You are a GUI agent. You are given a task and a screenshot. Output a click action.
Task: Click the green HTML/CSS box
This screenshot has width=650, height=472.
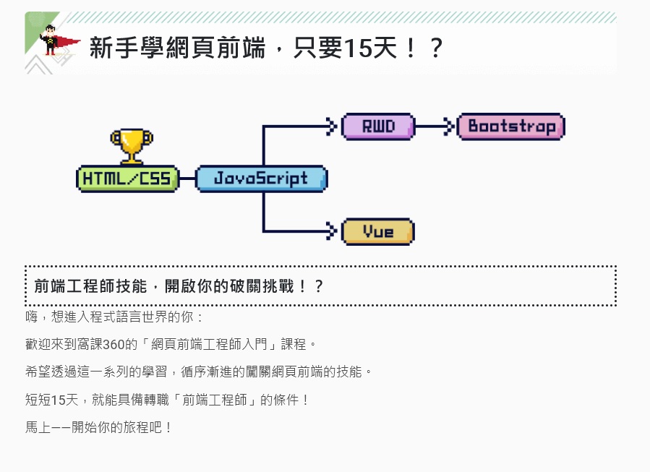[127, 179]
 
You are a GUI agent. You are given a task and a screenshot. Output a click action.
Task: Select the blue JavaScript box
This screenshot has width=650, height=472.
[261, 179]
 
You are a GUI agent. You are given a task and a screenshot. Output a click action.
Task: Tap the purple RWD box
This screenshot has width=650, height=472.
[377, 126]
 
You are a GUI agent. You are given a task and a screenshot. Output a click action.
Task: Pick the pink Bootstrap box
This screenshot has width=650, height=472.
[511, 126]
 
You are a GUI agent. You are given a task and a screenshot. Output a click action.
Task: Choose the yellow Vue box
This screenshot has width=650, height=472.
[377, 231]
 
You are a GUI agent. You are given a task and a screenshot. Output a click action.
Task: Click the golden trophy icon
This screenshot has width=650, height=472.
[131, 145]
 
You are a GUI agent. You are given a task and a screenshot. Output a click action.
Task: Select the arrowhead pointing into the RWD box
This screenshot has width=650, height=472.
[333, 126]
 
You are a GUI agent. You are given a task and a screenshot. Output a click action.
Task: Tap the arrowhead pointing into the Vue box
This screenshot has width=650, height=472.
[333, 231]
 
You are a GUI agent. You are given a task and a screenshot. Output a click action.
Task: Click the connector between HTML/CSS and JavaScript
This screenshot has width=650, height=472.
[187, 179]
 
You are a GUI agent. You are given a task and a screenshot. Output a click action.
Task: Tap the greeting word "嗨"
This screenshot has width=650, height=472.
[31, 317]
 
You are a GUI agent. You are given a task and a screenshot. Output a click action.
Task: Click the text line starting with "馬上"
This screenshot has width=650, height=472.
[99, 426]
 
